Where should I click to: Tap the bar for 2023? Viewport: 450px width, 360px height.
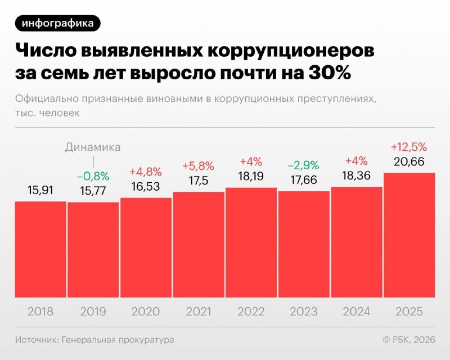pyautogui.click(x=304, y=244)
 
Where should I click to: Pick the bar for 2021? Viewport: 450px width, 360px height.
pyautogui.click(x=198, y=245)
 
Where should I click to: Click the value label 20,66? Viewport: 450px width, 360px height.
pyautogui.click(x=409, y=163)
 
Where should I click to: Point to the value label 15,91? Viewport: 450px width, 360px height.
pyautogui.click(x=40, y=191)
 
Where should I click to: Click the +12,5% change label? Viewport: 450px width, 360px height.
pyautogui.click(x=409, y=147)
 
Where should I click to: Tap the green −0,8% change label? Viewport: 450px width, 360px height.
pyautogui.click(x=93, y=176)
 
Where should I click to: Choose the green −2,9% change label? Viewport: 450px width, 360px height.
pyautogui.click(x=304, y=165)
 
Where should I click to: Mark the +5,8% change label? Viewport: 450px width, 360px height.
pyautogui.click(x=198, y=166)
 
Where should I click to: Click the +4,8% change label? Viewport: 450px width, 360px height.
pyautogui.click(x=146, y=172)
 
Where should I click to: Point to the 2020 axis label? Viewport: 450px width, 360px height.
pyautogui.click(x=146, y=311)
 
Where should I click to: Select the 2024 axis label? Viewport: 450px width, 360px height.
pyautogui.click(x=357, y=311)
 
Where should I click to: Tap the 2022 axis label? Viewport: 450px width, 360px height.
pyautogui.click(x=251, y=311)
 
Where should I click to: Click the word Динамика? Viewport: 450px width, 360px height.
pyautogui.click(x=93, y=147)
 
